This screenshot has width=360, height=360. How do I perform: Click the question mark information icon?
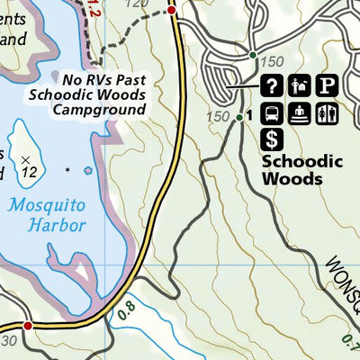pyautogui.click(x=273, y=86)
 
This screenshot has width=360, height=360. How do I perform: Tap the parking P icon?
pyautogui.click(x=328, y=86)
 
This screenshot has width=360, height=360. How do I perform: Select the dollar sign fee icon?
pyautogui.click(x=273, y=139)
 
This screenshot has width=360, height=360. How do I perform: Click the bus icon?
pyautogui.click(x=273, y=113)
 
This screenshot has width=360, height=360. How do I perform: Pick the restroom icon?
pyautogui.click(x=328, y=113)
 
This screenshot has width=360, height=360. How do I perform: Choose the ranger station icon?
pyautogui.click(x=301, y=86)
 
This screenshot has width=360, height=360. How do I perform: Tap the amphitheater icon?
pyautogui.click(x=301, y=113)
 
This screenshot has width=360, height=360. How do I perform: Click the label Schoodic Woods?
pyautogui.click(x=292, y=170)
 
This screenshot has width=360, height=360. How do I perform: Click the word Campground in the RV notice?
pyautogui.click(x=98, y=110)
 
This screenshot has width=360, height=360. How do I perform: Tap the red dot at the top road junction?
pyautogui.click(x=171, y=9)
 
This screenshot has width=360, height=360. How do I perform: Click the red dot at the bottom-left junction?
pyautogui.click(x=28, y=325)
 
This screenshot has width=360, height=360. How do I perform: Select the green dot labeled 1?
pyautogui.click(x=239, y=116)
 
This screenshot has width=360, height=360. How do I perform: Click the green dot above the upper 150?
pyautogui.click(x=254, y=54)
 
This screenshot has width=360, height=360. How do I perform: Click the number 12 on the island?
pyautogui.click(x=33, y=171)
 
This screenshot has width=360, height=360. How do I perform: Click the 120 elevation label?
pyautogui.click(x=137, y=4)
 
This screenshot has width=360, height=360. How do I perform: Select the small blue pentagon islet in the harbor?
pyautogui.click(x=88, y=169)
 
